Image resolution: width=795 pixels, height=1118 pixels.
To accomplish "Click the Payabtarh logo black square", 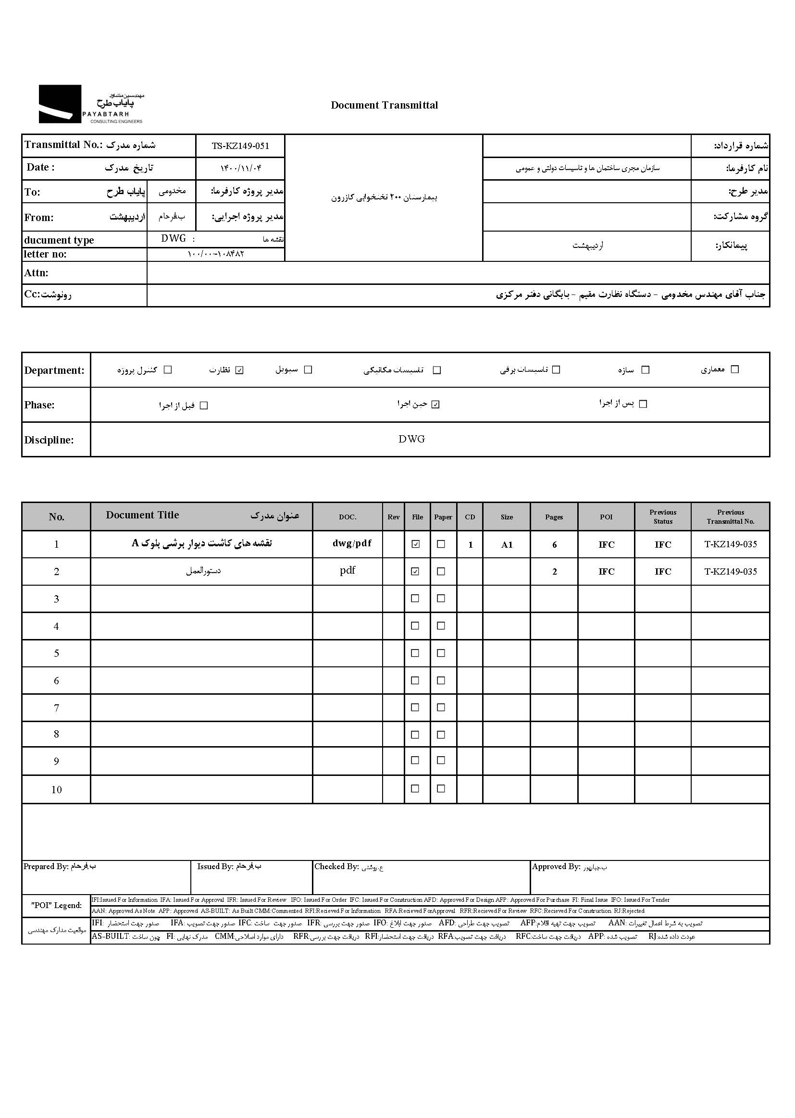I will click(x=60, y=104).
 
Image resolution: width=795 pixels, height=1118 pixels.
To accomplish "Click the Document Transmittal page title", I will click(x=385, y=105).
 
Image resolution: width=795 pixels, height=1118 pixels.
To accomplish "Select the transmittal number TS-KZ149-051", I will click(x=240, y=146).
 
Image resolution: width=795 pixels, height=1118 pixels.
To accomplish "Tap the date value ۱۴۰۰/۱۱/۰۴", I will click(x=240, y=168).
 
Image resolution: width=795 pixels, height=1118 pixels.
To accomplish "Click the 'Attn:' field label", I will click(x=36, y=273).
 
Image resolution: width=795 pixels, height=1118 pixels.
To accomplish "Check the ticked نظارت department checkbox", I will click(x=239, y=370).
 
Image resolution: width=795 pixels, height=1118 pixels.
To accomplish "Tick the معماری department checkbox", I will click(x=734, y=369).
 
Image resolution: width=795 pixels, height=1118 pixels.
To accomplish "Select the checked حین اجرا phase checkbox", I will click(x=435, y=405).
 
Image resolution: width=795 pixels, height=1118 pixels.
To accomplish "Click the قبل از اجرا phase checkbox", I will click(x=204, y=405).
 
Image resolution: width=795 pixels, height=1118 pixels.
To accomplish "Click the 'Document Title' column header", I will click(x=142, y=515).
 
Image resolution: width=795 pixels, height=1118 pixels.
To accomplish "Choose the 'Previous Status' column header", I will click(x=663, y=516).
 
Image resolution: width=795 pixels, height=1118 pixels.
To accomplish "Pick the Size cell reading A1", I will click(x=507, y=544).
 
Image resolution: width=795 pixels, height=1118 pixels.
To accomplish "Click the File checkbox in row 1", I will click(x=416, y=544).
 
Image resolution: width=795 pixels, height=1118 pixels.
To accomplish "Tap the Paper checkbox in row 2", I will click(x=441, y=571).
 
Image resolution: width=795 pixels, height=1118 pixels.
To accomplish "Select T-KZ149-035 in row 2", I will click(x=731, y=571).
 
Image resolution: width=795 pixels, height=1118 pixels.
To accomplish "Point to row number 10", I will click(x=56, y=790).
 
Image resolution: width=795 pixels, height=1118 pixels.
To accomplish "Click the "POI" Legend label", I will click(x=56, y=906).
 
